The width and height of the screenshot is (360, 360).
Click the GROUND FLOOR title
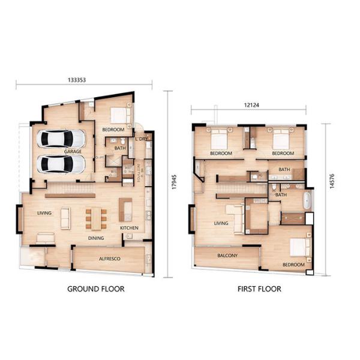(96, 289)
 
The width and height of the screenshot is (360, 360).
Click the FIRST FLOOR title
(259, 289)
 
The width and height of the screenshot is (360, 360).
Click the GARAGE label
(73, 152)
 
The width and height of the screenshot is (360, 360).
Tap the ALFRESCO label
(110, 259)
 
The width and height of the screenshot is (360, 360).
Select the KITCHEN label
(129, 228)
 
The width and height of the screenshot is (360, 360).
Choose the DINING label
(96, 238)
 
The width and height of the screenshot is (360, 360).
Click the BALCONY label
(228, 256)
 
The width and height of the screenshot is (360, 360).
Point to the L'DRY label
(142, 139)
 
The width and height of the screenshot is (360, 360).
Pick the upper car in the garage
(61, 139)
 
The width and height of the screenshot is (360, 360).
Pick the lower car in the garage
(61, 164)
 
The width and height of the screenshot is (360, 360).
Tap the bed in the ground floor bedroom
(120, 115)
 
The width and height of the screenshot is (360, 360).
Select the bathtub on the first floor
(307, 200)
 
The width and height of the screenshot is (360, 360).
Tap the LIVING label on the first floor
(222, 223)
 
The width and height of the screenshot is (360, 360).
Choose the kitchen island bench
(126, 209)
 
